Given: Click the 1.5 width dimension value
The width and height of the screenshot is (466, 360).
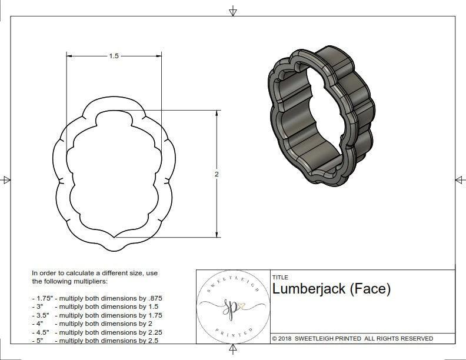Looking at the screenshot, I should click(114, 56).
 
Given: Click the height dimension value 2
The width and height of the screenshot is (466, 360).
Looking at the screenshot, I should click(217, 174).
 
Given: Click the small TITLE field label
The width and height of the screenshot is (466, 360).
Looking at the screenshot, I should click(280, 277).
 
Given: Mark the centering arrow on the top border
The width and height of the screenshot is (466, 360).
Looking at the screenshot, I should click(233, 11).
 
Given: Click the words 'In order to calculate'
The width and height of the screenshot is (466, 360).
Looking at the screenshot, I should click(65, 273).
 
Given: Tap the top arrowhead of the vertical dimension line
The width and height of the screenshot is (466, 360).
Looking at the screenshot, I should click(217, 113).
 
